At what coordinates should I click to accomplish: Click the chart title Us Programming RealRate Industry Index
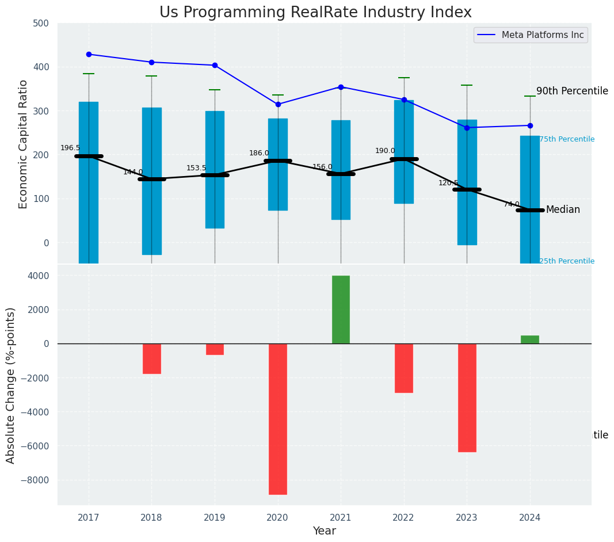[315, 13]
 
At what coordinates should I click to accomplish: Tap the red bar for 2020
[278, 419]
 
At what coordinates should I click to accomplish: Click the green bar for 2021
[341, 310]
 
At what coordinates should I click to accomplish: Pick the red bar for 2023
[467, 398]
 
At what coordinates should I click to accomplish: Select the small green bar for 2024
[530, 339]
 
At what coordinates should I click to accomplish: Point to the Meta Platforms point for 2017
[89, 54]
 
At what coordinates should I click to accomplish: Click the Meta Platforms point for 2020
[278, 104]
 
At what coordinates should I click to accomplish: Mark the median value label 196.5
[70, 148]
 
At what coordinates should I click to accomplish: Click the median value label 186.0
[259, 153]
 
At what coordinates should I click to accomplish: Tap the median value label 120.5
[448, 183]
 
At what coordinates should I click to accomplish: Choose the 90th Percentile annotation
[572, 91]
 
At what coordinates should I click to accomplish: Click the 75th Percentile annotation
[567, 139]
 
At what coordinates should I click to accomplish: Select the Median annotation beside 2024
[563, 210]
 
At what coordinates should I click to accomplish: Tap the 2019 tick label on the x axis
[215, 517]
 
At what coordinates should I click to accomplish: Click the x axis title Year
[324, 531]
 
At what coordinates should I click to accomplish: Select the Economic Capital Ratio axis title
[24, 144]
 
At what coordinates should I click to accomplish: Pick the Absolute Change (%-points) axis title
[11, 385]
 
